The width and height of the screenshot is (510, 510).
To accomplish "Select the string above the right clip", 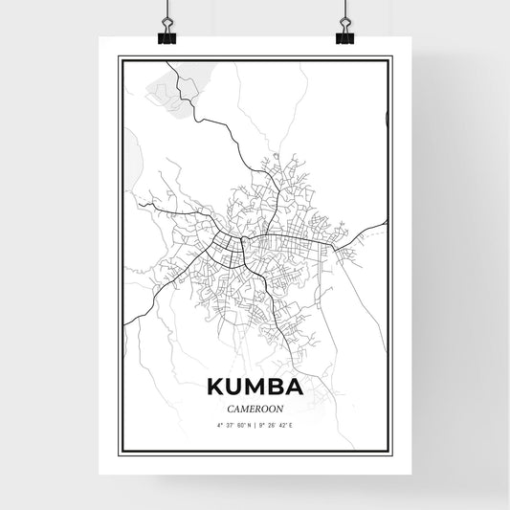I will click(x=344, y=10).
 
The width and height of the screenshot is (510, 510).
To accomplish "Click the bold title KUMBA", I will click(x=254, y=388).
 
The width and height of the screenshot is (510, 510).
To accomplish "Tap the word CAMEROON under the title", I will click(x=254, y=406).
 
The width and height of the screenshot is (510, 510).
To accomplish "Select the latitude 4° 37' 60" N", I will click(x=232, y=424).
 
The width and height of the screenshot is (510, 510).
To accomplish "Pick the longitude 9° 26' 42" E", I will click(x=277, y=424).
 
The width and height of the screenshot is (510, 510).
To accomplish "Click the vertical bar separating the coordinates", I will click(x=255, y=424).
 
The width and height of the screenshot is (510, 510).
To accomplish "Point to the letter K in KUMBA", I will click(x=211, y=388).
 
